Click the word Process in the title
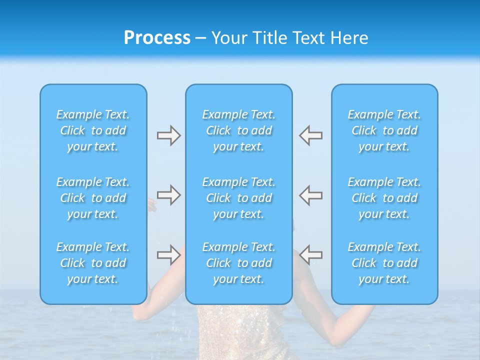click(x=157, y=38)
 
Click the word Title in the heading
click(x=269, y=38)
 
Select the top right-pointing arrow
click(x=168, y=135)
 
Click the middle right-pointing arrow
click(x=168, y=195)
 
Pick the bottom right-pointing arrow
click(x=168, y=255)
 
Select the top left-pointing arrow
click(x=310, y=135)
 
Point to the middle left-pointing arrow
click(x=310, y=195)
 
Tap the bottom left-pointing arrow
click(x=310, y=255)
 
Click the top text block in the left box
click(x=93, y=130)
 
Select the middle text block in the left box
click(x=93, y=198)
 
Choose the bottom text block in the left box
click(x=93, y=263)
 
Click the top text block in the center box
click(x=239, y=130)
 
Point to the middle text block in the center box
click(x=239, y=198)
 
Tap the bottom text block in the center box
click(x=239, y=263)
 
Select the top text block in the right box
click(x=384, y=130)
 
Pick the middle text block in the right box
click(x=384, y=198)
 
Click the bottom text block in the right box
click(x=384, y=263)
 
